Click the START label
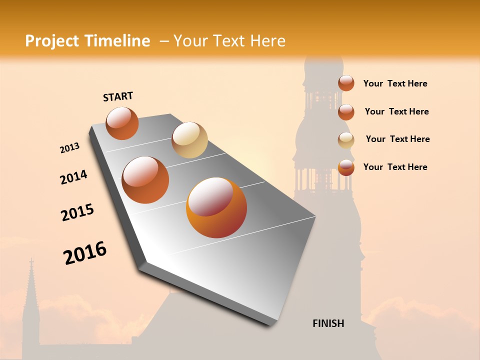[118, 96]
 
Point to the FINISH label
[328, 323]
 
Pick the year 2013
[69, 148]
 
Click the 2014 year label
[73, 177]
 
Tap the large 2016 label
[85, 253]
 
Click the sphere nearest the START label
[122, 123]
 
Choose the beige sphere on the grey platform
[189, 140]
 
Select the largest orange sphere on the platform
[216, 207]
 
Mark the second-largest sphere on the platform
[145, 180]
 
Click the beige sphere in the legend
[346, 140]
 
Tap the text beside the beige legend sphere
[397, 139]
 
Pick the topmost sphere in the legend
[346, 83]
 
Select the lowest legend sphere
[346, 167]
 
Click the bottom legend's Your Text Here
[395, 167]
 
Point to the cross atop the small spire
[31, 262]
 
